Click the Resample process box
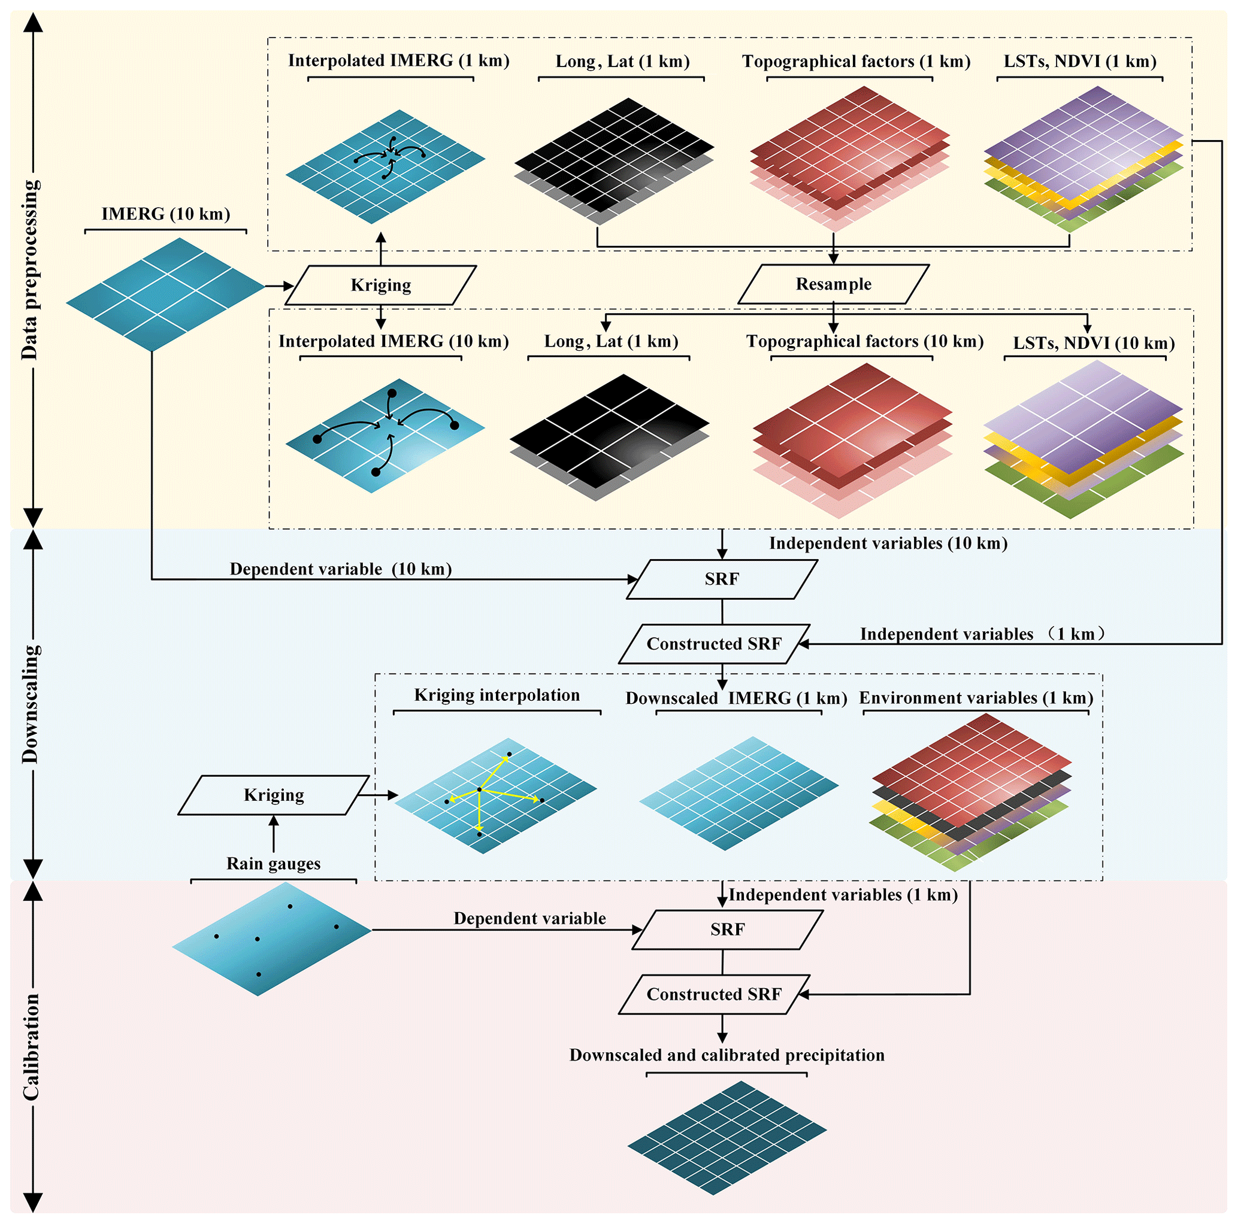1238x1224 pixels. [x=833, y=284]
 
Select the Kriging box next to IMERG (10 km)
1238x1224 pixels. [x=381, y=286]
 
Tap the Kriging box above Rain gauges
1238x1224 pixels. [x=274, y=795]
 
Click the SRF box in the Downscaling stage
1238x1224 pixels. [x=722, y=579]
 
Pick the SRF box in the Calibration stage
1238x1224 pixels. [x=727, y=930]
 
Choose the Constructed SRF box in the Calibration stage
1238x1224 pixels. [x=714, y=995]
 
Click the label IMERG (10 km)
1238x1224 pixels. [x=166, y=214]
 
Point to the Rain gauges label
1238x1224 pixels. [x=274, y=864]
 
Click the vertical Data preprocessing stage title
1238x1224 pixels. [x=30, y=269]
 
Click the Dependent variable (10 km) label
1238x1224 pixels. [x=340, y=569]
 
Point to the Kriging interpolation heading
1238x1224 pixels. [x=497, y=695]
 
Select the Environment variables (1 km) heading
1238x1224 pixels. [x=975, y=698]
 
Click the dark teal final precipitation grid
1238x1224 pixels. [x=727, y=1138]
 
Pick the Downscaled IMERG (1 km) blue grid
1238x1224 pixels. [x=738, y=793]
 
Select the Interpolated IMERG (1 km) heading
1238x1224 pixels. [x=398, y=61]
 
